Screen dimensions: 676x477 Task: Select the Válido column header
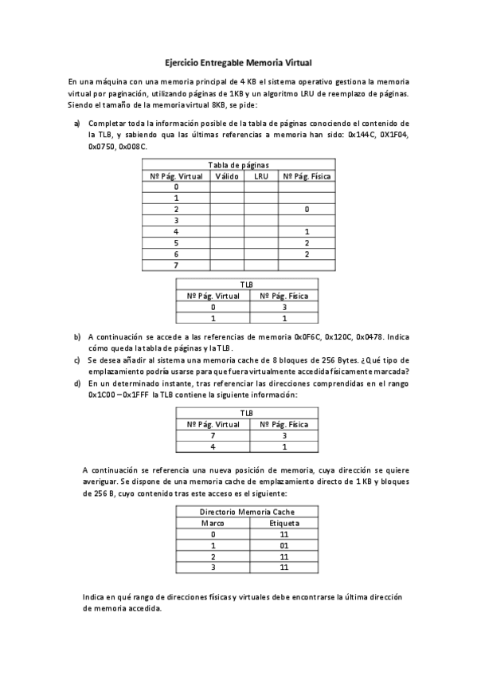pos(227,175)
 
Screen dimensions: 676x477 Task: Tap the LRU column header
pos(261,175)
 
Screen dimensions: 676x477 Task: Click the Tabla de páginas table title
pos(238,164)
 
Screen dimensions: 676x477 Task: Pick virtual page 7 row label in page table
pos(175,265)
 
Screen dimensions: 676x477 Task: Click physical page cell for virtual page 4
pos(306,231)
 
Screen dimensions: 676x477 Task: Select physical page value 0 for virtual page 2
pos(306,209)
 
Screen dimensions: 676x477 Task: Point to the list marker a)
pos(77,124)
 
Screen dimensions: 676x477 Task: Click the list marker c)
pos(77,360)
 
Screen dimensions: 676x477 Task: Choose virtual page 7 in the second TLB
pos(213,436)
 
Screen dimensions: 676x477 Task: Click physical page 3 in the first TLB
pos(283,306)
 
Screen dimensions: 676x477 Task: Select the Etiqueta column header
pos(284,523)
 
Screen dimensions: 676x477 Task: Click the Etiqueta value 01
pos(284,545)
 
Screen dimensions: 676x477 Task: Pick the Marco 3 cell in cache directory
pos(213,568)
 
